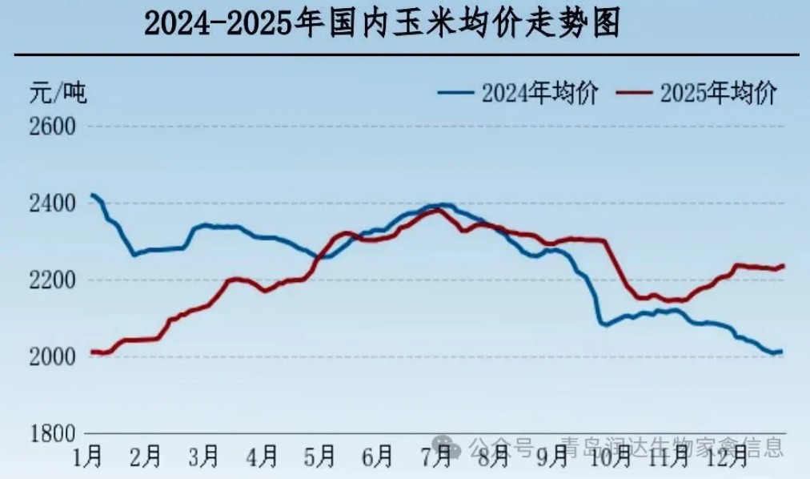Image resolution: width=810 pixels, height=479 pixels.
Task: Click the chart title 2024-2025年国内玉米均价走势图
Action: point(382,25)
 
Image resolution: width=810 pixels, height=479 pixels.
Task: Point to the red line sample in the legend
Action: point(636,93)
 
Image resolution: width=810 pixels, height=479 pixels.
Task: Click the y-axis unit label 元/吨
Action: point(58,93)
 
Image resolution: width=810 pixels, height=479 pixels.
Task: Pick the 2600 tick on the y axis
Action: point(52,127)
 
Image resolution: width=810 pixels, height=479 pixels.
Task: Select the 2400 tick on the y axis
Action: point(52,203)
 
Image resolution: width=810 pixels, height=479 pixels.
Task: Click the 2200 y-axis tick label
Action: point(52,280)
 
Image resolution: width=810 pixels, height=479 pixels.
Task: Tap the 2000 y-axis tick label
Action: point(52,356)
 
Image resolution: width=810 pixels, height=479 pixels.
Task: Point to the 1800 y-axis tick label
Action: point(52,433)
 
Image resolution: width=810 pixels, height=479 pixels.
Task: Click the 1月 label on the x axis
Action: point(87,457)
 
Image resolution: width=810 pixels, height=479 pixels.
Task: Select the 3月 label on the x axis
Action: point(203,457)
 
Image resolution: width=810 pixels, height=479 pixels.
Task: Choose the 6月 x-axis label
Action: point(377,457)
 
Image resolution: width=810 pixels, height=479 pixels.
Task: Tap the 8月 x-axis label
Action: point(493,457)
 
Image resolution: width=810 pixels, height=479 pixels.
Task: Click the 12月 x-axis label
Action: point(728,457)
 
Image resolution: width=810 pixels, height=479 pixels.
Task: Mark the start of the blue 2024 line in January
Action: point(92,195)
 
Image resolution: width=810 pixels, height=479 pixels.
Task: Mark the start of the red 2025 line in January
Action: point(91,352)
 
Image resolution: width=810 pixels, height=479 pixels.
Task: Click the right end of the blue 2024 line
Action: point(781,351)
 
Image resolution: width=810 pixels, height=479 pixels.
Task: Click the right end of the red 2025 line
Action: point(783,265)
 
